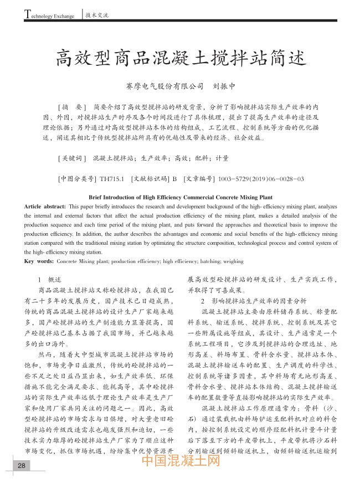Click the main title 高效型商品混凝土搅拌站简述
tap(180, 57)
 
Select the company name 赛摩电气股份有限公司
tap(166, 87)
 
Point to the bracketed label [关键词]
tap(71, 158)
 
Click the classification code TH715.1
tap(111, 179)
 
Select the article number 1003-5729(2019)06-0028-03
tap(261, 179)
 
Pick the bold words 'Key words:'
tap(39, 260)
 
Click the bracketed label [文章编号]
tap(198, 179)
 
